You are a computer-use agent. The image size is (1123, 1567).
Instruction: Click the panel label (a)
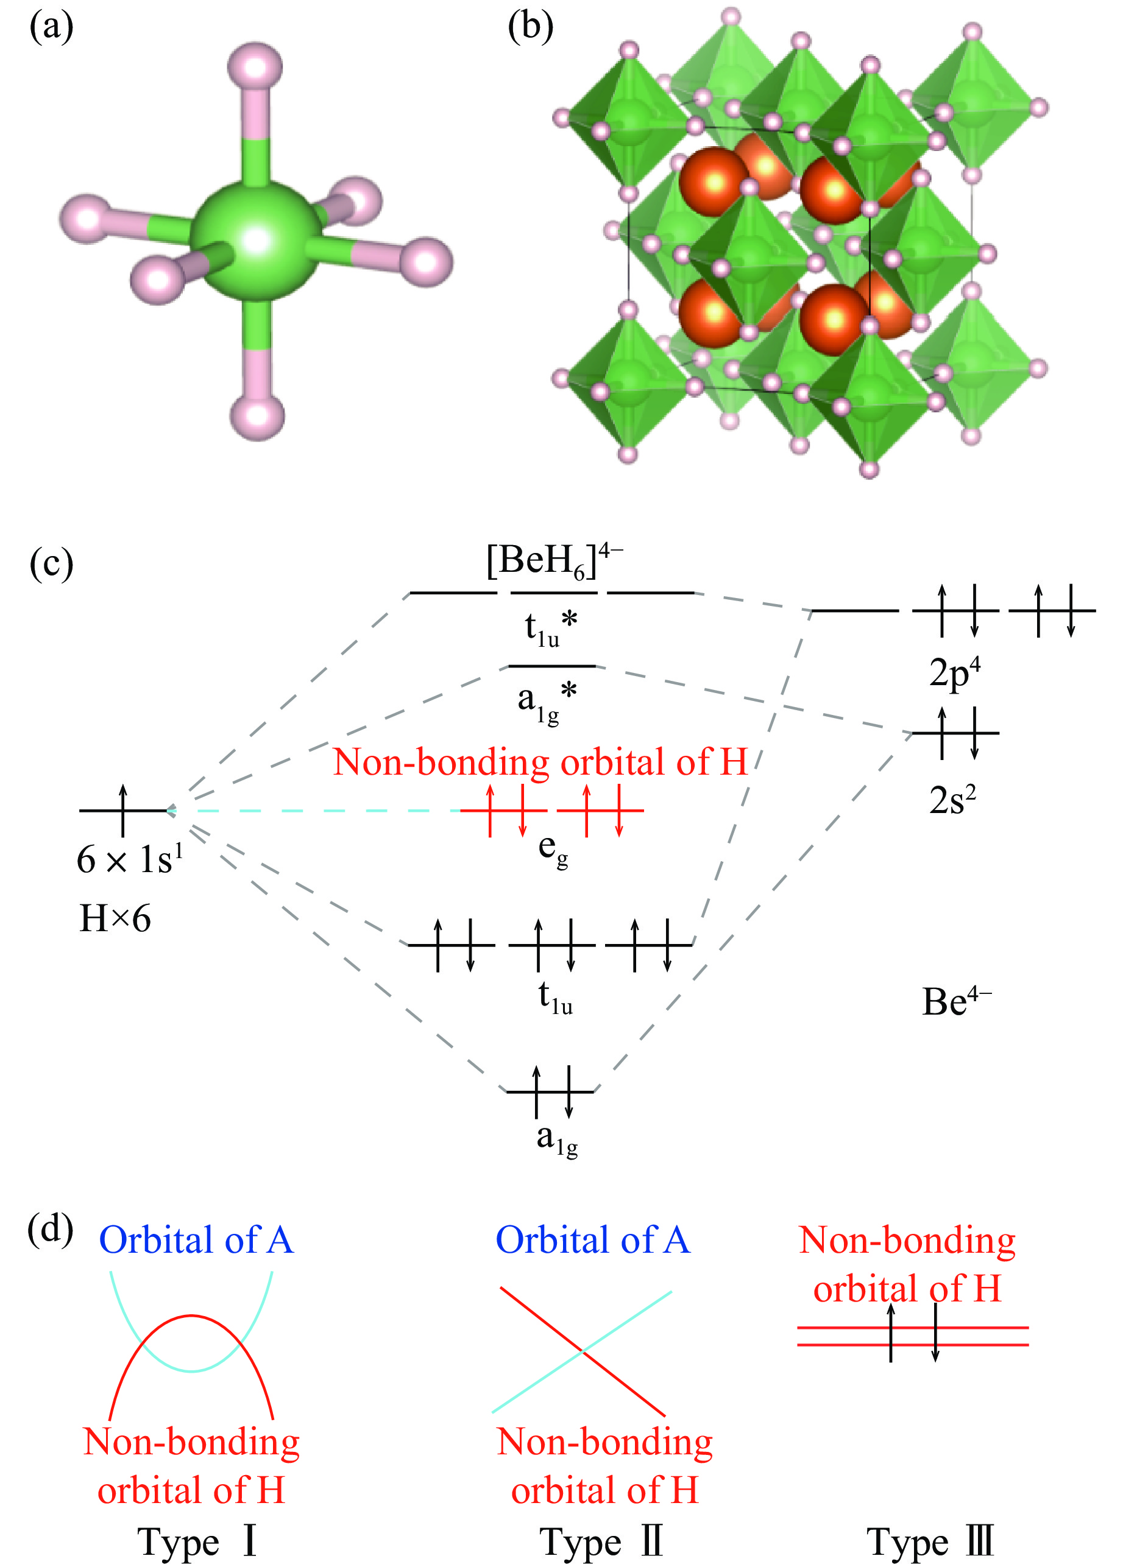(x=51, y=27)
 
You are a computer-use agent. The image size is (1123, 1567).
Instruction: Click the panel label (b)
(x=530, y=27)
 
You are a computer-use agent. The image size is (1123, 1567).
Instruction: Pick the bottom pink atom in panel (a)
(x=257, y=415)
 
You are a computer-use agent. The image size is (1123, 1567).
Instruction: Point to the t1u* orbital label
(x=550, y=629)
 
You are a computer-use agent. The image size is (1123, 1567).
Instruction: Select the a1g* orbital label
(x=547, y=700)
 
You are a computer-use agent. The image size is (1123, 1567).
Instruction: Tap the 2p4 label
(x=954, y=672)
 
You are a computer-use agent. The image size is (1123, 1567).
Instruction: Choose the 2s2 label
(x=952, y=800)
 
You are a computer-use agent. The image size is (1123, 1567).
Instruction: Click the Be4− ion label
(x=957, y=1001)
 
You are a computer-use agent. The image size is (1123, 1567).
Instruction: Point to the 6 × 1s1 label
(x=130, y=859)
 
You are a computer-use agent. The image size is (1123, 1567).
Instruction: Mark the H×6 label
(x=115, y=918)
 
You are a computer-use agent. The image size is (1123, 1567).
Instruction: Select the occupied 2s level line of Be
(x=956, y=733)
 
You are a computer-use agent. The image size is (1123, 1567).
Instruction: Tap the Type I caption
(x=197, y=1541)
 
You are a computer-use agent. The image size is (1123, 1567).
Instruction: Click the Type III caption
(x=929, y=1541)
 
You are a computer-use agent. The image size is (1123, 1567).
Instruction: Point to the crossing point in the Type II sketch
(x=583, y=1350)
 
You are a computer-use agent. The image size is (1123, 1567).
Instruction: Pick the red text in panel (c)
(x=540, y=762)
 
